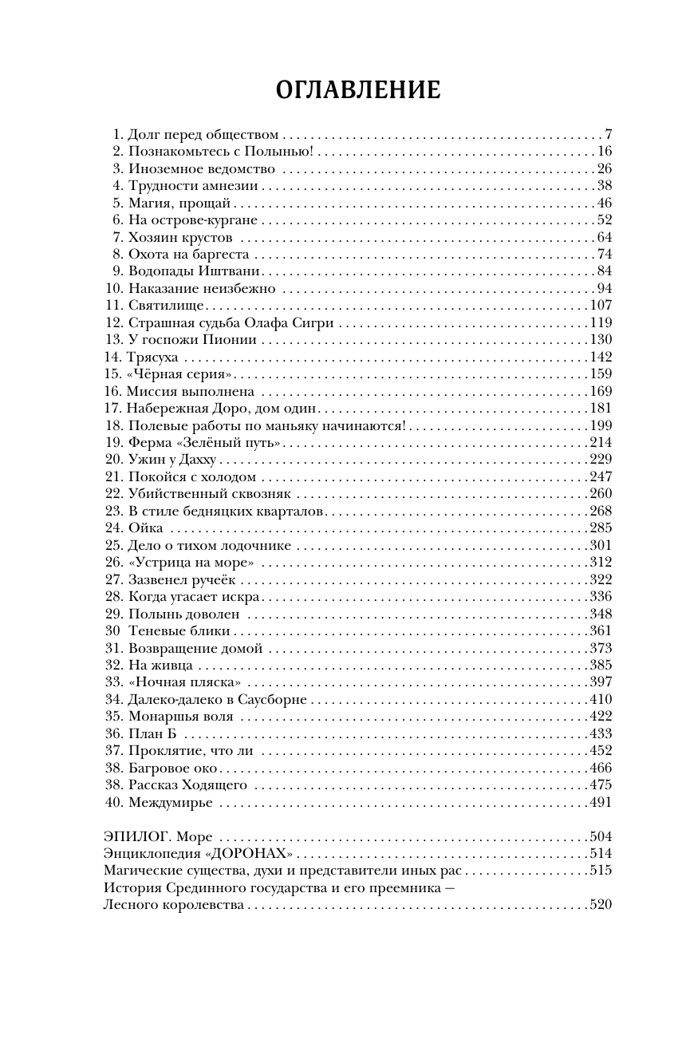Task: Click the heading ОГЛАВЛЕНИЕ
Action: click(358, 90)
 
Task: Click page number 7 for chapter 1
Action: click(608, 134)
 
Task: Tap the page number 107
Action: click(600, 306)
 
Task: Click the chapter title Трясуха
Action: click(152, 357)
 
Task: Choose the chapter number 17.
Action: click(112, 408)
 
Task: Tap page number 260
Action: click(600, 493)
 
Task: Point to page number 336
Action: click(600, 596)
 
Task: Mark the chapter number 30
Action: click(111, 630)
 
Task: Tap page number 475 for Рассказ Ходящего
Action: click(600, 784)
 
